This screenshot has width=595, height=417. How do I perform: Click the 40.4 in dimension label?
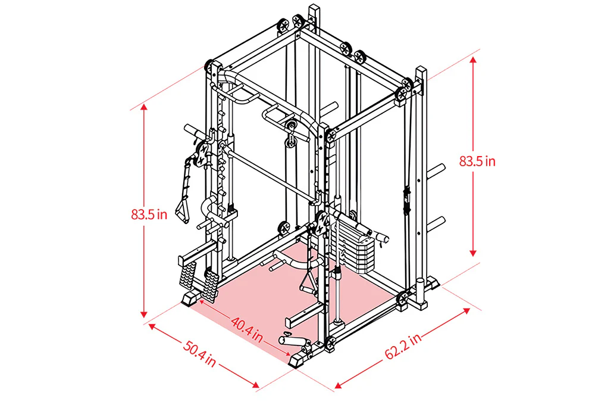247,329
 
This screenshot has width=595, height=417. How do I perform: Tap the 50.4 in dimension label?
199,354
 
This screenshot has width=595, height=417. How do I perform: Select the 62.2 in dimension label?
403,346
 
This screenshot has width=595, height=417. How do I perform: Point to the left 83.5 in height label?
149,214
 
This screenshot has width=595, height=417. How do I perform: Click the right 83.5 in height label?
477,161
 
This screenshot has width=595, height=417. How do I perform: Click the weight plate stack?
355,247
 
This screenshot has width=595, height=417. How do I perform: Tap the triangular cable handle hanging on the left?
182,211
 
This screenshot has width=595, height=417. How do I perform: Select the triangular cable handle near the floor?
308,281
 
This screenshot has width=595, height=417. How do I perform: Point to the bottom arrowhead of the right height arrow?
473,253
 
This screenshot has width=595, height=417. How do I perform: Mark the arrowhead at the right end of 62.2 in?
466,310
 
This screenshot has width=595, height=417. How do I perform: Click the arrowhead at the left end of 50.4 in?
152,326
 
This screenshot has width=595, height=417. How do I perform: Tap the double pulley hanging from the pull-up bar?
292,135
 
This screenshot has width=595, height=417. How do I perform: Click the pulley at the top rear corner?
299,21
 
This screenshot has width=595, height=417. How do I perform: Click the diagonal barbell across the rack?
272,174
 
